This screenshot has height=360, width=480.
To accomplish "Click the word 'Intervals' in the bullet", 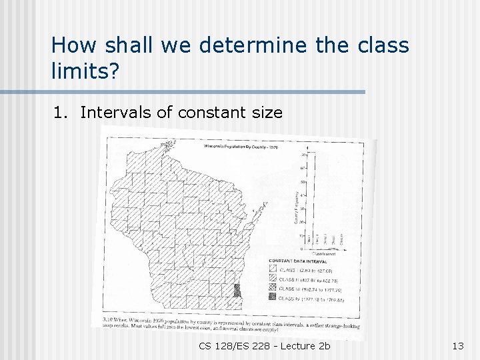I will tap(116, 112).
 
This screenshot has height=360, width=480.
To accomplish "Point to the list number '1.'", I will tap(62, 112).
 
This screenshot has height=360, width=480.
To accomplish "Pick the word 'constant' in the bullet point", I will tap(207, 112).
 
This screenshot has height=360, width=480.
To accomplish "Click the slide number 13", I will tap(457, 345).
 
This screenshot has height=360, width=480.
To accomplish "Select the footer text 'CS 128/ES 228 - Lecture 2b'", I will tap(264, 345).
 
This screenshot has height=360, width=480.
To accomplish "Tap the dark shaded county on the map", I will tap(237, 292).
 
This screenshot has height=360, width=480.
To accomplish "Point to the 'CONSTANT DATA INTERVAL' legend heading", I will tap(299, 260).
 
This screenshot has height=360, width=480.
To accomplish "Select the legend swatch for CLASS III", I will tap(273, 288).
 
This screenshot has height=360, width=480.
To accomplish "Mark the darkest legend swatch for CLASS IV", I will tap(273, 299).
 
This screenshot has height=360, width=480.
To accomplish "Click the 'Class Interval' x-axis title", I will tap(325, 254).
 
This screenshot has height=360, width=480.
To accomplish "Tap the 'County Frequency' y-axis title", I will tap(296, 207).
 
